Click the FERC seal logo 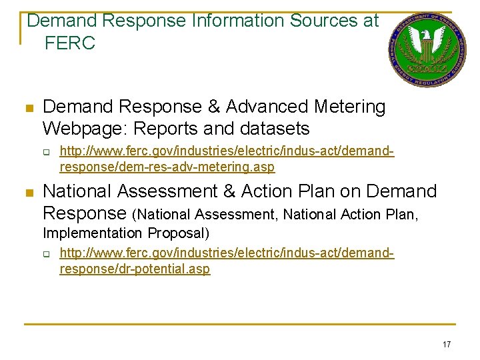point(427,50)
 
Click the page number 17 point(446,344)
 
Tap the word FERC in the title point(70,44)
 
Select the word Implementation point(93,233)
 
